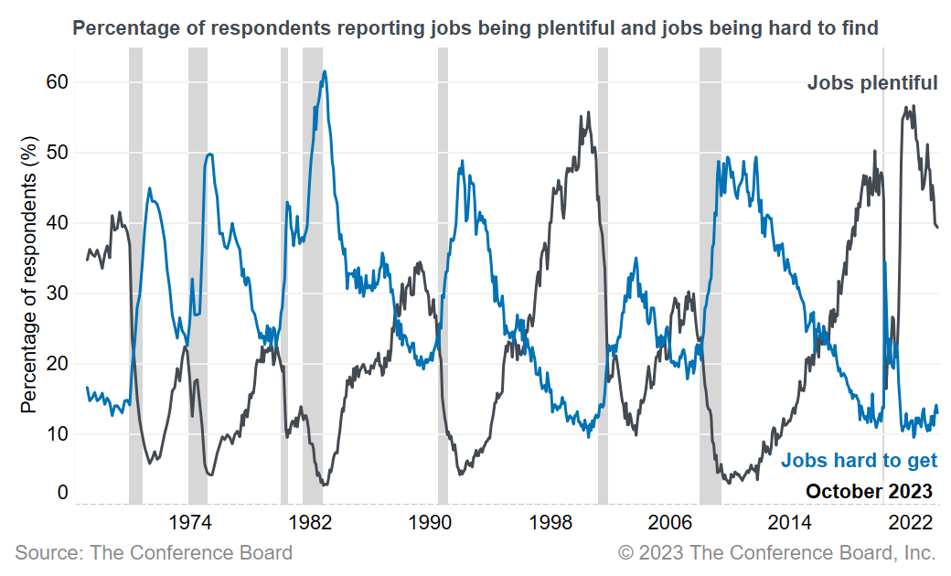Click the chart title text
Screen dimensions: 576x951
pyautogui.click(x=475, y=28)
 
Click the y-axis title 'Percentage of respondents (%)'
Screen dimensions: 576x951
pyautogui.click(x=29, y=274)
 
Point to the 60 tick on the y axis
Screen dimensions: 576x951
pyautogui.click(x=57, y=82)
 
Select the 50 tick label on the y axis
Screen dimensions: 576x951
pyautogui.click(x=57, y=153)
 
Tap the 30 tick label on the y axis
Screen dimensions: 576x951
pyautogui.click(x=57, y=293)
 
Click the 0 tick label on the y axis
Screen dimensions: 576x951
pyautogui.click(x=62, y=493)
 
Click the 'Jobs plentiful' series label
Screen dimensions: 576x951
pyautogui.click(x=871, y=83)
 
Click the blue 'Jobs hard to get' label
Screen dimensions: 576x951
pyautogui.click(x=859, y=460)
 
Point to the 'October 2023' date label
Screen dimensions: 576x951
pyautogui.click(x=869, y=491)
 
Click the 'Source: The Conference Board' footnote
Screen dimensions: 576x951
pyautogui.click(x=154, y=552)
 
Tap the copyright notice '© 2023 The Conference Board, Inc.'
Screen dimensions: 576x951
pyautogui.click(x=776, y=552)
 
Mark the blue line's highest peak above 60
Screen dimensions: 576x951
pyautogui.click(x=325, y=71)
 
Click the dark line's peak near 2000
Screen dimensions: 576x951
pyautogui.click(x=588, y=112)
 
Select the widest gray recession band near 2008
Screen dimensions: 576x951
pyautogui.click(x=710, y=274)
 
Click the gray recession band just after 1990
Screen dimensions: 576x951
pyautogui.click(x=443, y=274)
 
